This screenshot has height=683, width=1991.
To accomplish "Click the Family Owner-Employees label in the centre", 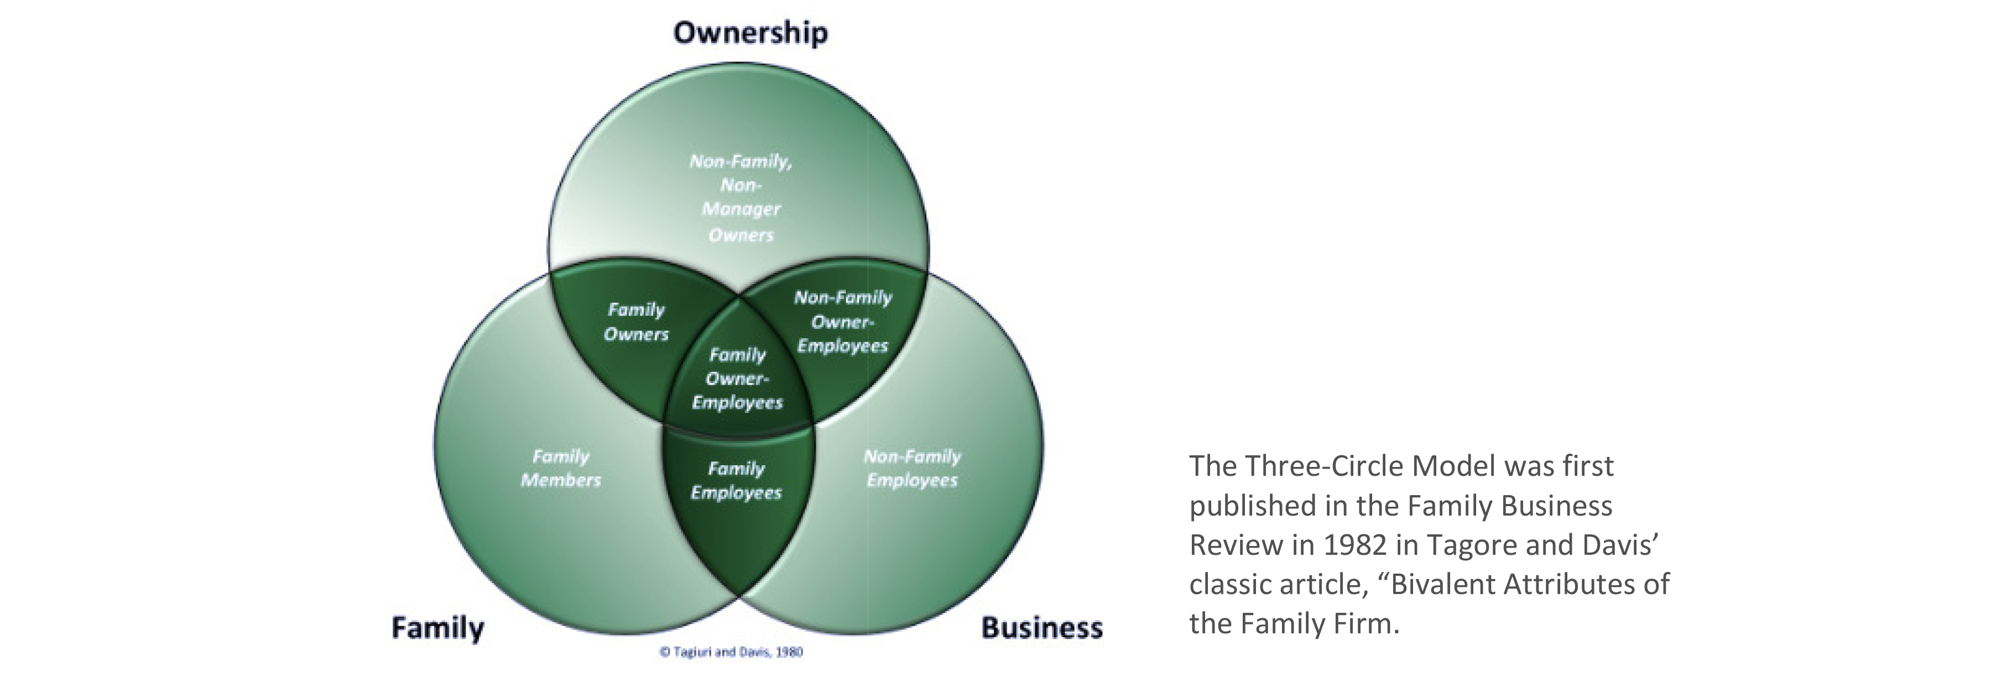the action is [x=737, y=379].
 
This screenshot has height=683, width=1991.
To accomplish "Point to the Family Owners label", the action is [x=636, y=322].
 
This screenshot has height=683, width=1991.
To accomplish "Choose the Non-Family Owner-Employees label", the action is [x=842, y=322].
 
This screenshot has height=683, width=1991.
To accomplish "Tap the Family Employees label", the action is [x=736, y=481].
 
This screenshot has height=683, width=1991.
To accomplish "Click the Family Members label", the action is [x=560, y=468].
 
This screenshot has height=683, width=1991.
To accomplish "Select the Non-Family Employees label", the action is [x=912, y=468].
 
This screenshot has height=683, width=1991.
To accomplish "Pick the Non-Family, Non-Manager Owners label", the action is [x=741, y=198].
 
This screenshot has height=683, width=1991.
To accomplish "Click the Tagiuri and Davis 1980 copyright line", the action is [x=731, y=652].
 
